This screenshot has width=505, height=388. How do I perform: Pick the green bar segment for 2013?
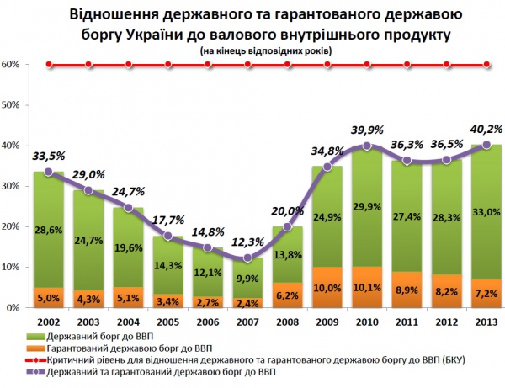pyautogui.click(x=486, y=210)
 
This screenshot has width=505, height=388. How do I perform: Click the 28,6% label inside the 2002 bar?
pyautogui.click(x=48, y=230)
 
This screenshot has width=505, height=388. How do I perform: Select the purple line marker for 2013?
pyautogui.click(x=486, y=145)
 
